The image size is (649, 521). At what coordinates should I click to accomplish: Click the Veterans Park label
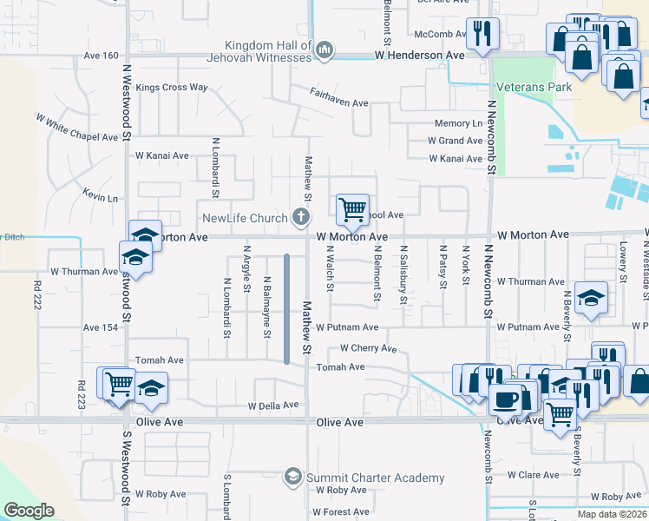[x=522, y=88]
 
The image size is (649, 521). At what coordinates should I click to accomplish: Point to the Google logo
[x=29, y=511]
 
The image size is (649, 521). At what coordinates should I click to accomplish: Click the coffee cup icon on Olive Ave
[x=505, y=400]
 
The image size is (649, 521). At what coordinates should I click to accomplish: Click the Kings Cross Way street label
[x=172, y=88]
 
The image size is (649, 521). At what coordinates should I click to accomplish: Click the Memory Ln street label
[x=458, y=124]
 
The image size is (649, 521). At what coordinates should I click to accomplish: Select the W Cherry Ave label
[x=368, y=348]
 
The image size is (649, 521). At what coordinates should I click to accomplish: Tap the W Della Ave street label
[x=273, y=406]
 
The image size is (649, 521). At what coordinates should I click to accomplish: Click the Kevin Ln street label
[x=101, y=198]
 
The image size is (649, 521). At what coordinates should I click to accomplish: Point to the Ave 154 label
[x=101, y=327]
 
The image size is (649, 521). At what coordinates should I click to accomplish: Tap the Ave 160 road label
[x=101, y=56]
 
